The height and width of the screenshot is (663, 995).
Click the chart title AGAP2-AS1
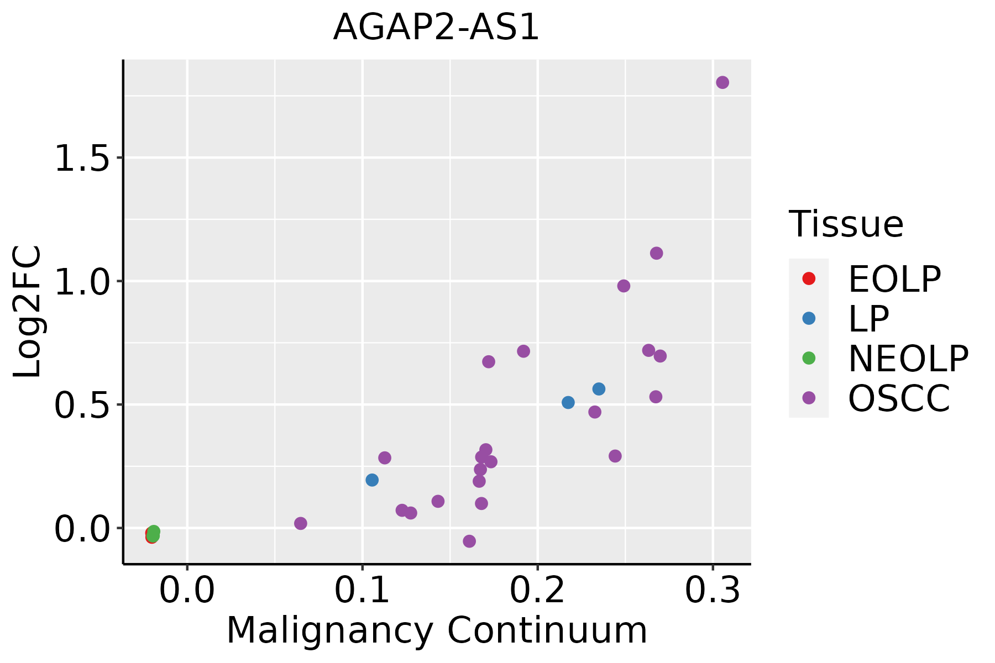[436, 28]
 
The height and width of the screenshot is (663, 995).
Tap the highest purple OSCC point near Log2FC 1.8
[722, 82]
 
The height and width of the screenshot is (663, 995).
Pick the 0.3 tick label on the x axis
[713, 591]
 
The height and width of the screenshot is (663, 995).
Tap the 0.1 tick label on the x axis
[362, 591]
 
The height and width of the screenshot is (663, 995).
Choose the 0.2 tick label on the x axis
[537, 591]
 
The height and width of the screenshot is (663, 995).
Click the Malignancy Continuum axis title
[437, 630]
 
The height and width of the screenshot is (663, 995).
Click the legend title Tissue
[846, 224]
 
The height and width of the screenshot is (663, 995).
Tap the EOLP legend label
[894, 279]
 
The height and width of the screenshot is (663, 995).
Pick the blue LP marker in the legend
[809, 318]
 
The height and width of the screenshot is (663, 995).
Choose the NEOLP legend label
[908, 359]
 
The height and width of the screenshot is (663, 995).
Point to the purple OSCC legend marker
[809, 398]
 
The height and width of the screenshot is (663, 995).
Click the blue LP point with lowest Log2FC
[372, 480]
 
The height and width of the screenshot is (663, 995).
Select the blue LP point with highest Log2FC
[599, 389]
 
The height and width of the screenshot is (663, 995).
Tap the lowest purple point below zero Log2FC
[469, 541]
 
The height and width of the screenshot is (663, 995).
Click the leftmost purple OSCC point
[301, 523]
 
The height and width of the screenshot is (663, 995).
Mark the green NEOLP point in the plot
[154, 533]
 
